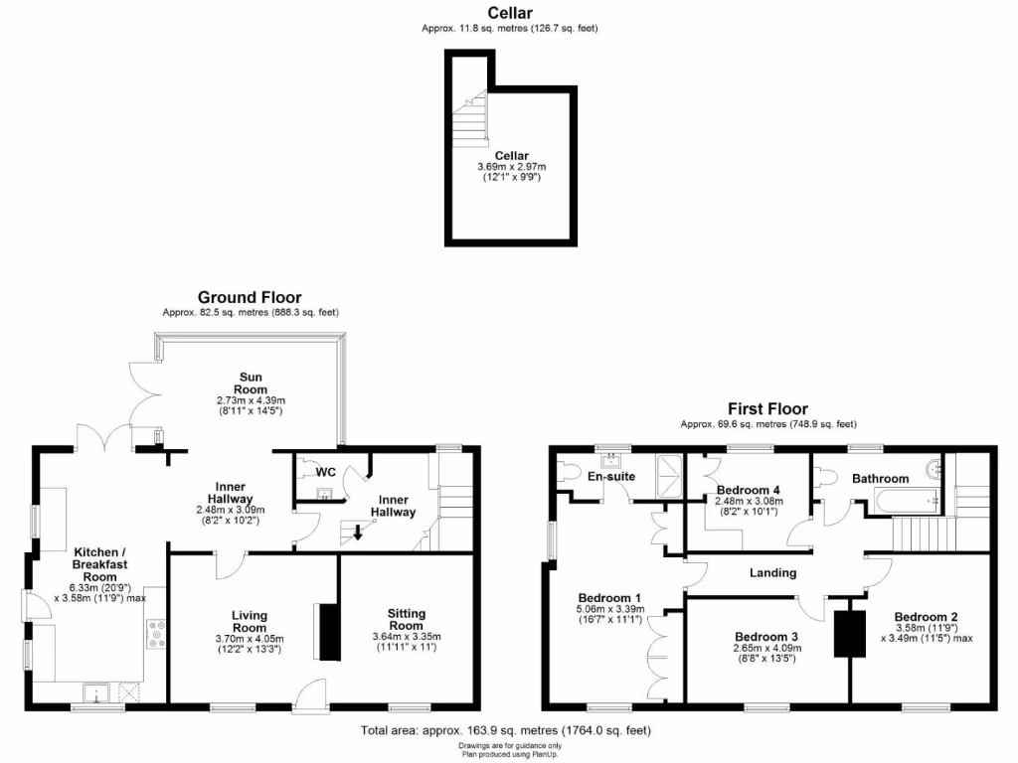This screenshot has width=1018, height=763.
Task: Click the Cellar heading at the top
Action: [510, 13]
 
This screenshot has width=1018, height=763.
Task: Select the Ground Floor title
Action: [250, 297]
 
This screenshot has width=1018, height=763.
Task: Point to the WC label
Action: [325, 472]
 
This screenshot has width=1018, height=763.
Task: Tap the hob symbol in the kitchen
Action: [156, 634]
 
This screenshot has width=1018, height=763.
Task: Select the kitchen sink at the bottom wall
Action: [98, 691]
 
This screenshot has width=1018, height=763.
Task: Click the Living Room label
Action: [250, 621]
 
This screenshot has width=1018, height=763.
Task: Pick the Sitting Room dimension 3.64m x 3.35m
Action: [405, 637]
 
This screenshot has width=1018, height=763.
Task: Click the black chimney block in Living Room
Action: [326, 630]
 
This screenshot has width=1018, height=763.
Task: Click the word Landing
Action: [772, 572]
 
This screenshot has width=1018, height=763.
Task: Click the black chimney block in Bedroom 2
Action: [848, 633]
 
